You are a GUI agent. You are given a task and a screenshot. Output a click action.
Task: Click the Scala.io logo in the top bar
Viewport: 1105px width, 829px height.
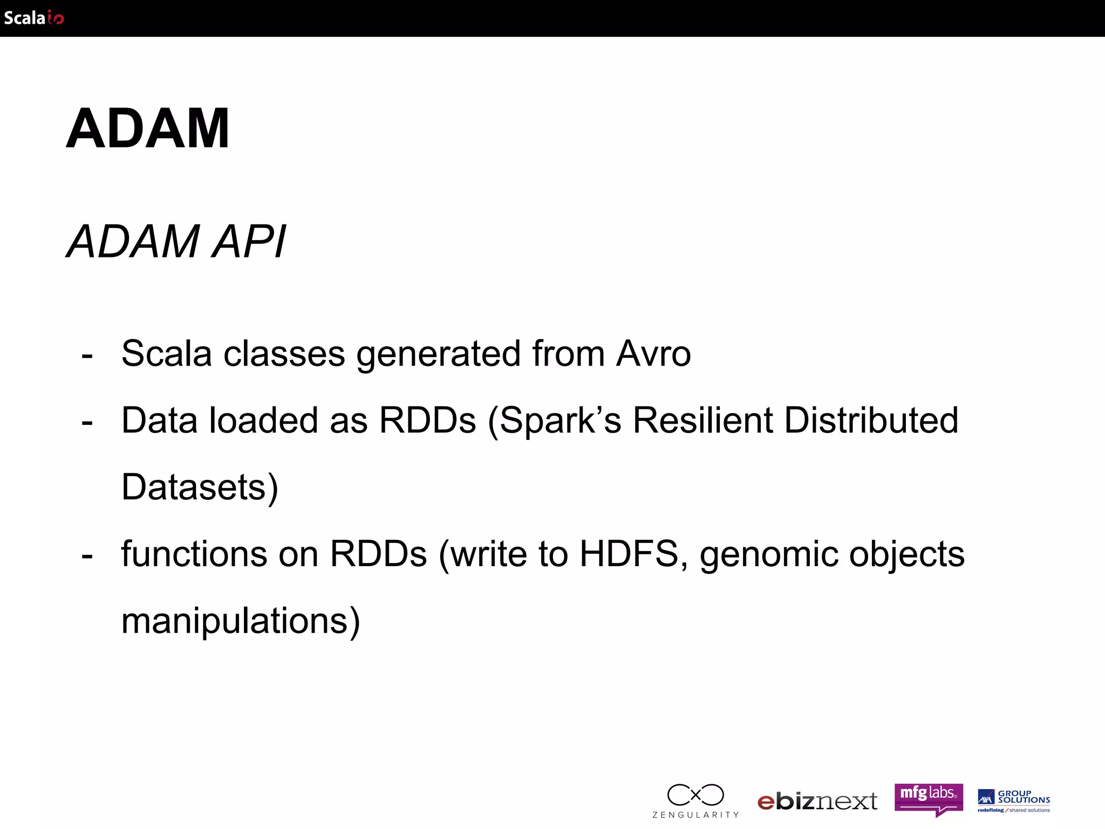coord(33,18)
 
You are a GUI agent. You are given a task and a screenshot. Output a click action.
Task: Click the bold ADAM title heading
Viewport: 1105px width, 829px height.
coord(147,128)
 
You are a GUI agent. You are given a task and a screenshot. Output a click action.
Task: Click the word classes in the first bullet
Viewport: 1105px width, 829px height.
coord(284,354)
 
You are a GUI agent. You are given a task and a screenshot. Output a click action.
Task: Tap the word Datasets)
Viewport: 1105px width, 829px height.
coord(200,487)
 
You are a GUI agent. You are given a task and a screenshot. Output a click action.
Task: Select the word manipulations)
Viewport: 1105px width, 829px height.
coord(241,621)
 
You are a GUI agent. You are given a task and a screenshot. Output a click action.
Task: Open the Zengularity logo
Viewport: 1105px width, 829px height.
coord(695,800)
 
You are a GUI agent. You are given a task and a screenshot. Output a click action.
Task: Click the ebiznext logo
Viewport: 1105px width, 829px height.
coord(817,801)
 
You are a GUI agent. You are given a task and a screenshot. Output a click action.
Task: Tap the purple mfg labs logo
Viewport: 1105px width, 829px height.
coord(929,799)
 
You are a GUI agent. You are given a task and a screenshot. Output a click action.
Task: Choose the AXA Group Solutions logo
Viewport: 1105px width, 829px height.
coord(1014,800)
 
